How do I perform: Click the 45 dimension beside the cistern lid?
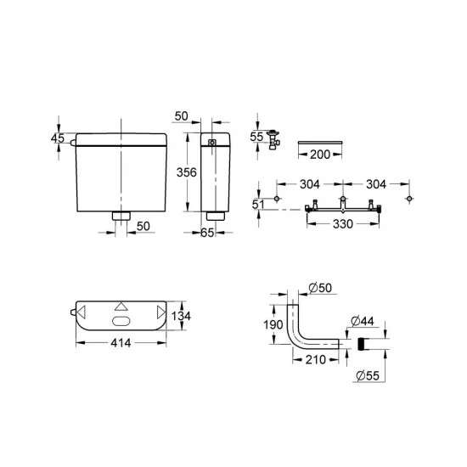click(58, 138)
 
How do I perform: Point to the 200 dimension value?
click(320, 155)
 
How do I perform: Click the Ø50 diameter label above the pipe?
click(318, 289)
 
